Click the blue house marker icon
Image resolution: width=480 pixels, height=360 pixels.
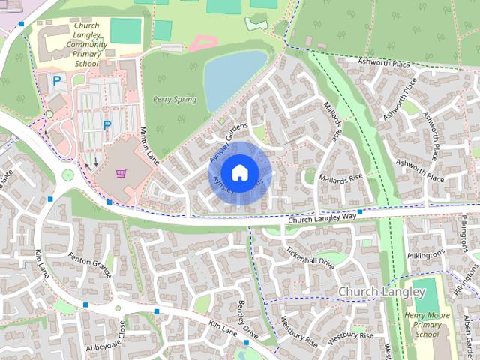(x=238, y=173)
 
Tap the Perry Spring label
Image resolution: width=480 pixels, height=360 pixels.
(x=174, y=99)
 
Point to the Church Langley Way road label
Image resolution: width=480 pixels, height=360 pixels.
(x=322, y=218)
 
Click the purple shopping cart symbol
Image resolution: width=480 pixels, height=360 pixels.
(x=121, y=173)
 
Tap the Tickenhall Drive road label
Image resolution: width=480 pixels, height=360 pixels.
(x=310, y=256)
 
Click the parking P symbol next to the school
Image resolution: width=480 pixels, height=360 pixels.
(x=57, y=80)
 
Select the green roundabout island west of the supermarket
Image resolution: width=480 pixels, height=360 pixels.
(x=68, y=175)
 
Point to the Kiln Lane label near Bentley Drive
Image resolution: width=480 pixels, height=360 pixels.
(x=223, y=328)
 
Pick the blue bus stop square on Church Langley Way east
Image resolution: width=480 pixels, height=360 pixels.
(x=360, y=212)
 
